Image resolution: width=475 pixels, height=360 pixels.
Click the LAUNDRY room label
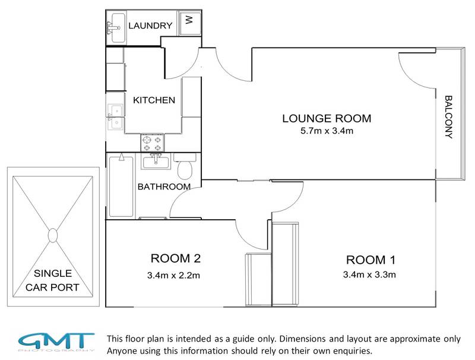[150, 26]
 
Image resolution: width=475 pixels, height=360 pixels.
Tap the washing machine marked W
[189, 23]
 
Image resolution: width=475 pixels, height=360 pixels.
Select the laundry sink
[116, 27]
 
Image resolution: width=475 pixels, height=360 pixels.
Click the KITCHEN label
[154, 100]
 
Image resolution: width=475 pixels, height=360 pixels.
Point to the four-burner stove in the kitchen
[153, 143]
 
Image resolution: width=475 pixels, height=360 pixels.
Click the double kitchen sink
[115, 117]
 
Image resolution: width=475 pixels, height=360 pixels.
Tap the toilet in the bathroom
[185, 167]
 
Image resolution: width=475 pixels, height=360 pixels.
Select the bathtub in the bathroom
[121, 186]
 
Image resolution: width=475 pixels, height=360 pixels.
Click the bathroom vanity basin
[156, 161]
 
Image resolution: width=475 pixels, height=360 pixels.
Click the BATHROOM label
[164, 187]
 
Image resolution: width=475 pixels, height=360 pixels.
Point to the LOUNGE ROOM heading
[327, 118]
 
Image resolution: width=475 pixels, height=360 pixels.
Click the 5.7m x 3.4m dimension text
[327, 131]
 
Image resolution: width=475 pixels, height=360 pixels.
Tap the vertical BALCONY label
[448, 117]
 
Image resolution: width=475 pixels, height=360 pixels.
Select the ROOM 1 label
[370, 260]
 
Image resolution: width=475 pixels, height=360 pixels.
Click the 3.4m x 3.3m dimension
[369, 274]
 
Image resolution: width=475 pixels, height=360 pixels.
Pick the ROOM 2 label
[175, 258]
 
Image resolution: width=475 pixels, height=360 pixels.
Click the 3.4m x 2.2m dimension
[173, 276]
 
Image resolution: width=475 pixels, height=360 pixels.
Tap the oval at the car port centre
[53, 235]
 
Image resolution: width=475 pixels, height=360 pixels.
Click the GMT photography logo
[56, 342]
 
